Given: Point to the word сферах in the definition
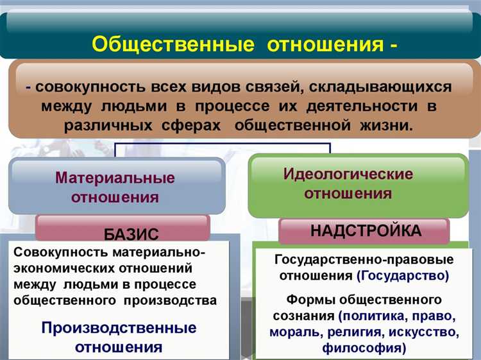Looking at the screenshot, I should pyautogui.click(x=196, y=124).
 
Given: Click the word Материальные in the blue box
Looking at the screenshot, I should pyautogui.click(x=115, y=177).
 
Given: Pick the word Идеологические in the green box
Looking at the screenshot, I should pyautogui.click(x=348, y=174).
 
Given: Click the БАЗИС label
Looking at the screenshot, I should pyautogui.click(x=131, y=234).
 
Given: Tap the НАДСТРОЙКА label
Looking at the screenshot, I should pyautogui.click(x=366, y=230).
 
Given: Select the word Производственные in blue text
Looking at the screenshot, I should pyautogui.click(x=119, y=328).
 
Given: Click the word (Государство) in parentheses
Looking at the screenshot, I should pyautogui.click(x=403, y=276).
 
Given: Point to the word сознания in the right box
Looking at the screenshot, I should pyautogui.click(x=304, y=316).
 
